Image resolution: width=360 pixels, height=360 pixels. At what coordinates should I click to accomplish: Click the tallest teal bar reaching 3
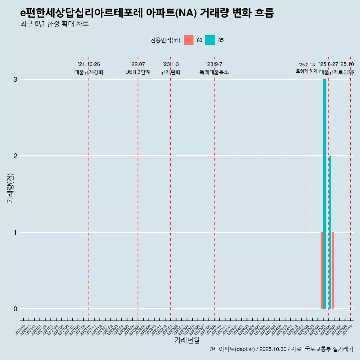[324, 194]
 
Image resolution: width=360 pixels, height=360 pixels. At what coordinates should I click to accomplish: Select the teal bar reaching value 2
[330, 232]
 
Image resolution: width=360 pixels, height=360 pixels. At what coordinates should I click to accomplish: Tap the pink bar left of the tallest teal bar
[322, 270]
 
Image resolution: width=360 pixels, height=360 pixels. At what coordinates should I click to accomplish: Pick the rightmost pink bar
[333, 270]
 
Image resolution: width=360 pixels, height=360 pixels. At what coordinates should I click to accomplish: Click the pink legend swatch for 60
[189, 40]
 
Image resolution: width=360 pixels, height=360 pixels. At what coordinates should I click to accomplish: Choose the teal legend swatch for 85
[210, 40]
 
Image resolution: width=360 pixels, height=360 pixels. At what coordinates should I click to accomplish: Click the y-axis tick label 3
[15, 79]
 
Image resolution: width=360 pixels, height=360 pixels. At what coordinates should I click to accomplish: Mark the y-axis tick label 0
[15, 309]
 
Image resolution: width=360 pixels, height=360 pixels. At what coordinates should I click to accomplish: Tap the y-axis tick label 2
[15, 156]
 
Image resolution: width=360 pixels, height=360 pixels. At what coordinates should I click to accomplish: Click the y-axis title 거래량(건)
[10, 188]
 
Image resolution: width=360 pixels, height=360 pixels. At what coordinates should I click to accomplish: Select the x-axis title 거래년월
[187, 340]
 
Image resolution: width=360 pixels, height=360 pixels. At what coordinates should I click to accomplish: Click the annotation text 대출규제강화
[89, 72]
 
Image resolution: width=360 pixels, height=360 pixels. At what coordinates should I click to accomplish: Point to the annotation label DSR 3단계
[138, 72]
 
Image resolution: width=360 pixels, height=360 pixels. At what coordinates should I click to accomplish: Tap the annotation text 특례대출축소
[214, 72]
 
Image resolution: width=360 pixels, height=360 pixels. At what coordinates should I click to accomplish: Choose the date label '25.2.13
[307, 65]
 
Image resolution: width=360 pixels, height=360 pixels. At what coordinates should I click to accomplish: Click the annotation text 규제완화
[171, 72]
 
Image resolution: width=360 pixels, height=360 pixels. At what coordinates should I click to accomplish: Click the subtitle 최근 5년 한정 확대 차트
[54, 24]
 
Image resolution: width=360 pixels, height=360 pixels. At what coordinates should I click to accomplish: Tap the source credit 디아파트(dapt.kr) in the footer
[232, 349]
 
